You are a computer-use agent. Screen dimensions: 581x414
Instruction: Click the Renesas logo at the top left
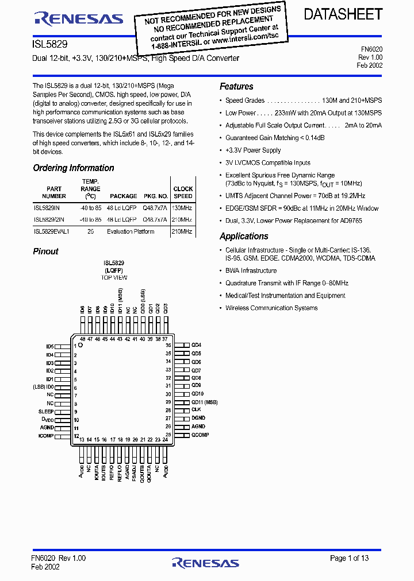click(79, 18)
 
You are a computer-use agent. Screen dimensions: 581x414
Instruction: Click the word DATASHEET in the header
click(343, 15)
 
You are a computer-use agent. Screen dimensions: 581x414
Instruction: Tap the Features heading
click(236, 87)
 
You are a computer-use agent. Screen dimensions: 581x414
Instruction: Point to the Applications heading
click(244, 237)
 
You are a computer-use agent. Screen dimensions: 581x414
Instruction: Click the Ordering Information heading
click(74, 168)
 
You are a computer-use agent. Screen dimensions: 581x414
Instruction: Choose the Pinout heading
click(45, 251)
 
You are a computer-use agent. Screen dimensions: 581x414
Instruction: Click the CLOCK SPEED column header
click(183, 192)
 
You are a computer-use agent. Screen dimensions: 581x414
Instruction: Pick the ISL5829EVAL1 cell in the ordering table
click(51, 231)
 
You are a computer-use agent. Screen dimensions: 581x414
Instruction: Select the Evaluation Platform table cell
click(131, 231)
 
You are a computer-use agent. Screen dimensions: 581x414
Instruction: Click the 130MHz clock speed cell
click(182, 207)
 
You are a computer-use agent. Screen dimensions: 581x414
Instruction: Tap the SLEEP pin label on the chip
click(46, 412)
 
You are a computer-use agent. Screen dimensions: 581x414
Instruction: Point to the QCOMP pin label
click(200, 435)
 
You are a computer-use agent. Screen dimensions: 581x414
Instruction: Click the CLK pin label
click(196, 410)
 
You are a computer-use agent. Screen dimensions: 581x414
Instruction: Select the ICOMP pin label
click(46, 436)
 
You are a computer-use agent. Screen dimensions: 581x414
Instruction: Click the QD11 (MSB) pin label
click(204, 402)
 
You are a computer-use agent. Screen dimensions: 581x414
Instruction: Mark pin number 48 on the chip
click(82, 339)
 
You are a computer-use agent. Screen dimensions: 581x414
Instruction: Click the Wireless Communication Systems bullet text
click(271, 308)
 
